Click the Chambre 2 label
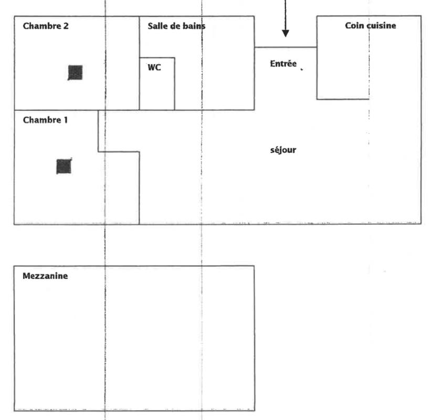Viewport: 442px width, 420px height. coord(46,26)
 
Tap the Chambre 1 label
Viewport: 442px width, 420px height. coord(45,120)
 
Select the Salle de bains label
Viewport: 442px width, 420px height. coord(176,26)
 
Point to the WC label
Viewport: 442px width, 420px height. coord(154,68)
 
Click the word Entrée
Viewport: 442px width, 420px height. coord(283,64)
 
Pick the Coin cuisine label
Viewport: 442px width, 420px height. coord(370,26)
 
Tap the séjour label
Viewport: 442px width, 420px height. coord(283,150)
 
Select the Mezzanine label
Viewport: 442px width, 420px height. coord(45,276)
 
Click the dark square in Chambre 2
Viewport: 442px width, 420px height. coord(75,72)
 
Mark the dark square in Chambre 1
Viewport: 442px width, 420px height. coord(64,166)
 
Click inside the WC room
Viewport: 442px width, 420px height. coord(157,89)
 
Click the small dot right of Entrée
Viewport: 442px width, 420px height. coord(302,68)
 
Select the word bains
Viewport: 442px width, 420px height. coord(194,26)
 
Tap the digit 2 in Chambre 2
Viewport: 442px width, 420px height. coord(66,26)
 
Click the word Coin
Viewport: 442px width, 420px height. coord(354,26)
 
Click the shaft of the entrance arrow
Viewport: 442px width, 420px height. coord(286,13)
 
